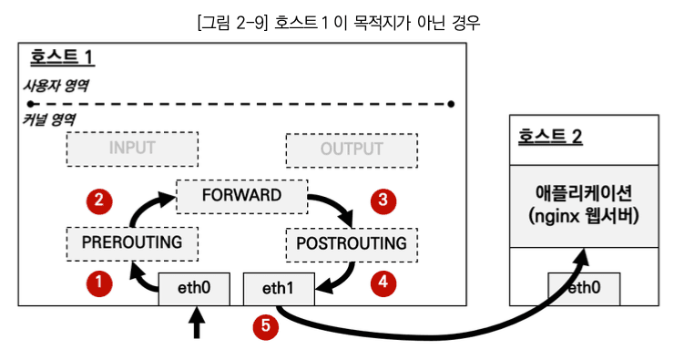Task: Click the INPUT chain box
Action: (132, 149)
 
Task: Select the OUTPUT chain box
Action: (352, 149)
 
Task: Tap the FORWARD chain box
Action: (241, 196)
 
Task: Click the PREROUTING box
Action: (132, 242)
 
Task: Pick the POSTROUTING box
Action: (352, 243)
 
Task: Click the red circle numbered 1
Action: (97, 283)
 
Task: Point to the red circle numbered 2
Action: (97, 200)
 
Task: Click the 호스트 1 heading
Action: (61, 58)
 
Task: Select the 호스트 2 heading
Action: (550, 138)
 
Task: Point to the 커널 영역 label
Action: (48, 119)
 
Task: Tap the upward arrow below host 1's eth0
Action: (195, 324)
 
